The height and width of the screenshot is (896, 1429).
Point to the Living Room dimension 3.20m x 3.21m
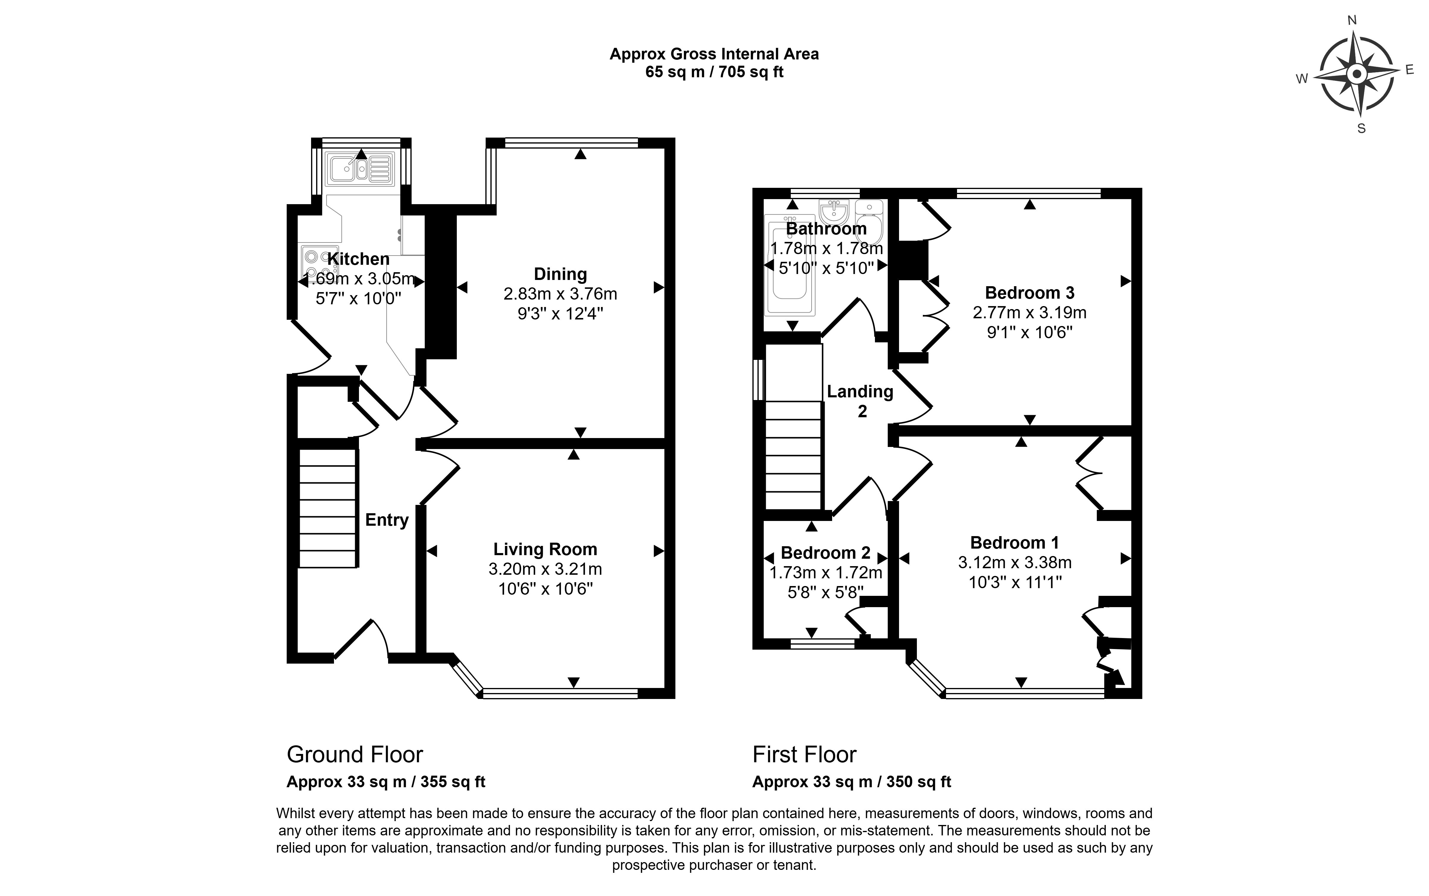tap(545, 569)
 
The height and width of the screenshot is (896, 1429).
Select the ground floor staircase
tap(327, 508)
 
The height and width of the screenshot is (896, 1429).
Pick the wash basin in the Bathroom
tap(834, 212)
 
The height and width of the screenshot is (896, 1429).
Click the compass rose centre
tap(1356, 75)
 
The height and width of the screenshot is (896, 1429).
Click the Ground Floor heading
tap(354, 754)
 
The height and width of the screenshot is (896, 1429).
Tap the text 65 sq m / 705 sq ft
tap(714, 72)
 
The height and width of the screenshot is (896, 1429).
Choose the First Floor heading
tap(804, 754)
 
